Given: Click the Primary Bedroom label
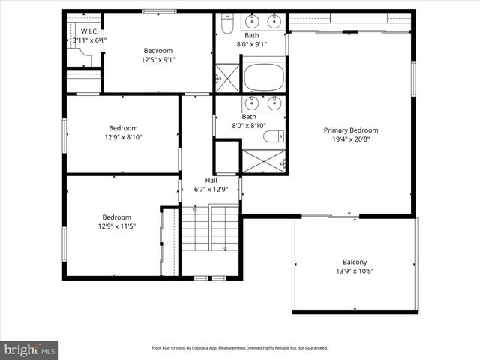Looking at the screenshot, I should click(350, 130).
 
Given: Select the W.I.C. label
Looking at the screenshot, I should click(89, 31).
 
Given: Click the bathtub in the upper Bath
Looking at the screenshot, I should click(264, 77).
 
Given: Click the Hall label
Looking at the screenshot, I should click(211, 180).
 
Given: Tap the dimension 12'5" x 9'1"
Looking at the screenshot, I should click(158, 61).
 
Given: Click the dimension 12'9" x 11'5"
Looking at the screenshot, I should click(116, 227).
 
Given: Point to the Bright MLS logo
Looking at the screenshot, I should click(30, 349).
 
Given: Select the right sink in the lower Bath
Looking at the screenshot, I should click(274, 102).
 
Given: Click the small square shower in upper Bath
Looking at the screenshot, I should click(226, 78).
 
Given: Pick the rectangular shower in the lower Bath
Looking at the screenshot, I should click(263, 161).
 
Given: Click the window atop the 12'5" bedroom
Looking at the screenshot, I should click(158, 11).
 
